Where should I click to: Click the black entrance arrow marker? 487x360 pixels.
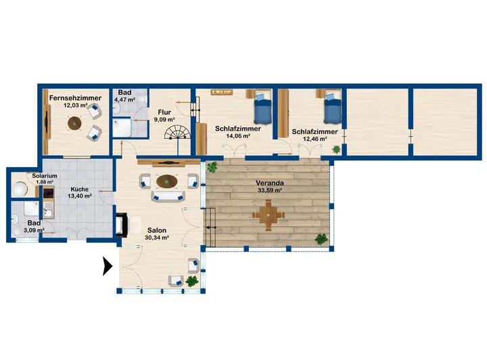(107, 266)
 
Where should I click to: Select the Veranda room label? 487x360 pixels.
(270, 183)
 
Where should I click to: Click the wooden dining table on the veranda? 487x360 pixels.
(268, 215)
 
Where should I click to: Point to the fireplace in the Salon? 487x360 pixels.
(122, 225)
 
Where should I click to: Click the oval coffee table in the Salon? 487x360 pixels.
(167, 181)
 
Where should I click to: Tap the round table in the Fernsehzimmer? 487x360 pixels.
(74, 123)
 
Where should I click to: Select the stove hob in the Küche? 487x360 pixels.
(49, 194)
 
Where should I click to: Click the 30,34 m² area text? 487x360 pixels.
(156, 238)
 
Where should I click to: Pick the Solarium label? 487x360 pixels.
(45, 176)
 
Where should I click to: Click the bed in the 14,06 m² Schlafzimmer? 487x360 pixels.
(262, 108)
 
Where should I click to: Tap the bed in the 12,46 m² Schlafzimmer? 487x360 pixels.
(333, 108)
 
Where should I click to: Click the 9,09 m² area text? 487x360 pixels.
(164, 120)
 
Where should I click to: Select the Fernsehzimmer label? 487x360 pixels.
(76, 98)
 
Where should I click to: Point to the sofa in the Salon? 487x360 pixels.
(168, 197)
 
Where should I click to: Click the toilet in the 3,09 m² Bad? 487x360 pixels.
(16, 220)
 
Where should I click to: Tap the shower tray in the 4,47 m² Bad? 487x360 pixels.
(122, 127)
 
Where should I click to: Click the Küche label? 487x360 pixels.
(80, 189)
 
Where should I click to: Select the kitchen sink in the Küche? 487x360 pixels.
(48, 212)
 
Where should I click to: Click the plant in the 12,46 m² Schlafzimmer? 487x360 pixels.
(336, 150)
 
